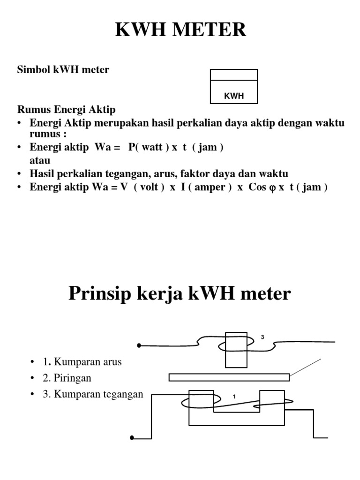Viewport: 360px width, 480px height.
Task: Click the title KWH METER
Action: click(180, 30)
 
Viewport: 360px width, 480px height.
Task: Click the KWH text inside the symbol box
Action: click(234, 96)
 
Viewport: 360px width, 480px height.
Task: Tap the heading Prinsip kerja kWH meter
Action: click(180, 293)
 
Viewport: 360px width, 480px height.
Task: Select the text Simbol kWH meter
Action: click(63, 70)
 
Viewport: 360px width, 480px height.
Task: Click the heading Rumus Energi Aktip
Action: click(66, 110)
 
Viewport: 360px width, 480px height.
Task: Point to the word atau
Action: click(40, 160)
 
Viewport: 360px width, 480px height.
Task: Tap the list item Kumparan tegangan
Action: click(98, 394)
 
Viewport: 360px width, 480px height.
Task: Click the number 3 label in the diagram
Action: click(262, 337)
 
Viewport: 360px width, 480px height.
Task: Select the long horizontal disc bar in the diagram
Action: click(229, 377)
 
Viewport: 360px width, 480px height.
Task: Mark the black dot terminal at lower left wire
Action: click(132, 438)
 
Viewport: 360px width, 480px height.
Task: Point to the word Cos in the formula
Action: click(257, 187)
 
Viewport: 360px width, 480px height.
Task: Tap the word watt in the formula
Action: click(152, 147)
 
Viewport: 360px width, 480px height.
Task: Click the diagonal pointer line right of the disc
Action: click(306, 367)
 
